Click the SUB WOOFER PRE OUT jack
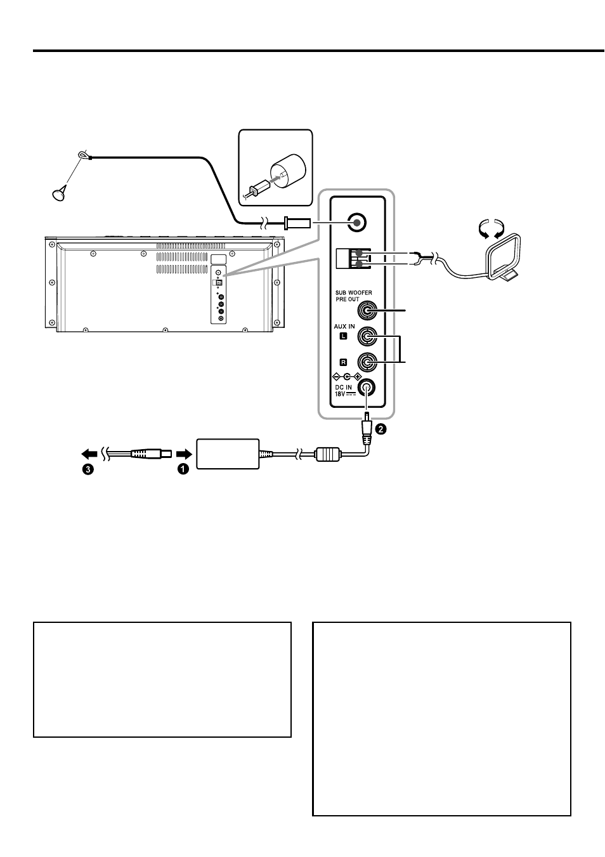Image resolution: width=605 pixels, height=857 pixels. tap(367, 311)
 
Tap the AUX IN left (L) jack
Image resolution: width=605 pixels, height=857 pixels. tap(367, 336)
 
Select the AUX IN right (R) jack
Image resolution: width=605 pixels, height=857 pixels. tap(367, 362)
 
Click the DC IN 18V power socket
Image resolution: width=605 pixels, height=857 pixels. tap(367, 388)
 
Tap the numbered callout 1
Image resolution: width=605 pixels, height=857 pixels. tap(183, 469)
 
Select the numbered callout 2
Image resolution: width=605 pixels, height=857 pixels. tap(381, 429)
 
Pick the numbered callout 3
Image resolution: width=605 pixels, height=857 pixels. tap(88, 469)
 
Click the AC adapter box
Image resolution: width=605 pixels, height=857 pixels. tap(228, 454)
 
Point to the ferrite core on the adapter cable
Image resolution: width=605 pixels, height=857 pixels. tap(328, 455)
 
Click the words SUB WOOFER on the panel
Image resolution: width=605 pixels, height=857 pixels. tap(353, 292)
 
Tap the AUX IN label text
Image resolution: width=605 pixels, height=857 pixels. tap(344, 326)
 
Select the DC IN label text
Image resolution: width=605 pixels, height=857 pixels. tap(344, 387)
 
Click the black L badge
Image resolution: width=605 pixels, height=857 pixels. tap(344, 336)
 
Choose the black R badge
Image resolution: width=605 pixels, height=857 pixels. tap(344, 362)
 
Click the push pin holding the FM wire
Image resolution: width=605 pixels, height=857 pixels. tap(60, 193)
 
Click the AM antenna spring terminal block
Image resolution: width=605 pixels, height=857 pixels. tap(353, 258)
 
